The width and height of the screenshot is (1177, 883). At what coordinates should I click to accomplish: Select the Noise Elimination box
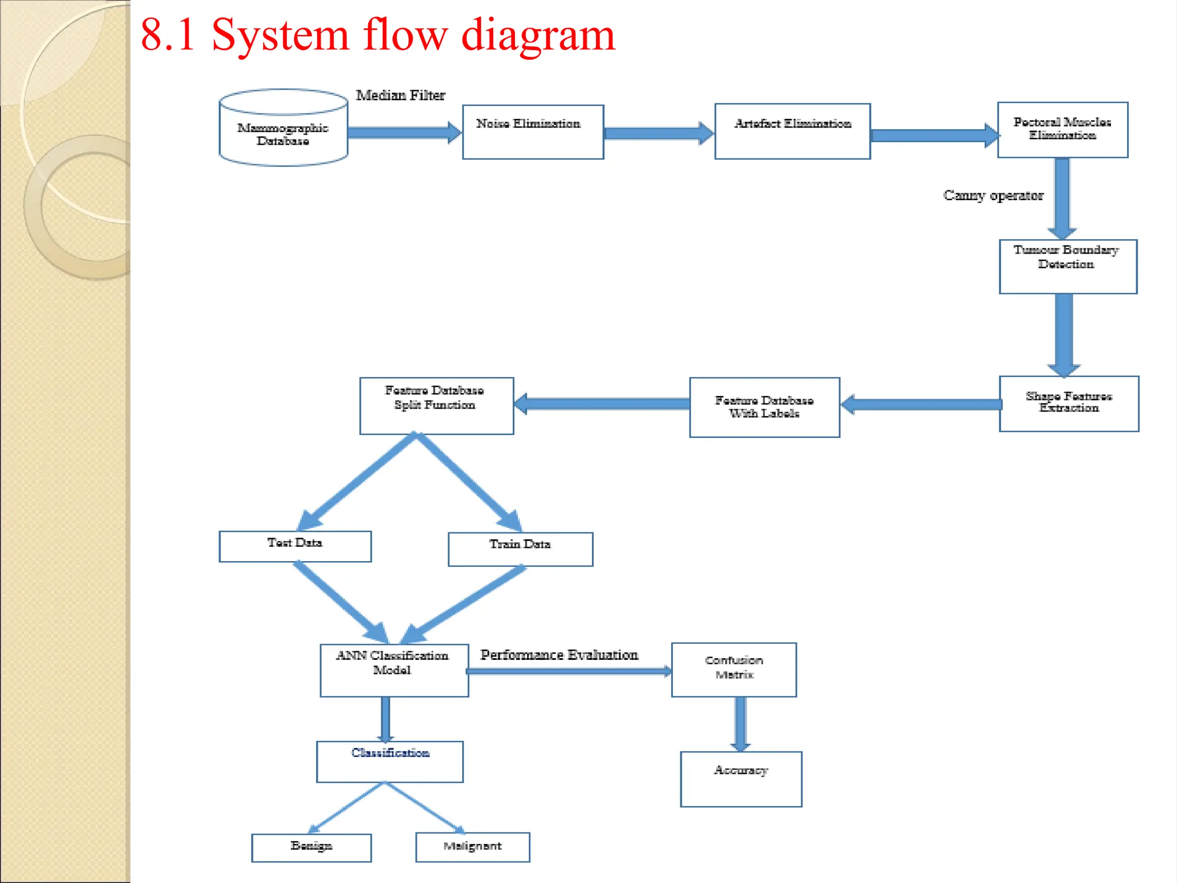coord(533,132)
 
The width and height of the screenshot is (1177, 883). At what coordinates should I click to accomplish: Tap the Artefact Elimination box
coord(793,132)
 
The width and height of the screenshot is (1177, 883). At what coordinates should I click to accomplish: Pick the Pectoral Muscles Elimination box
coord(1063,130)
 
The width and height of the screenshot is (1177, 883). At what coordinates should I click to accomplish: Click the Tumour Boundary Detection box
coord(1068,267)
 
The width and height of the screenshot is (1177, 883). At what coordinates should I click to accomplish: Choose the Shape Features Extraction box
coord(1069,404)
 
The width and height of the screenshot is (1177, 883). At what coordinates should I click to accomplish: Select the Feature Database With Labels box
coord(764,407)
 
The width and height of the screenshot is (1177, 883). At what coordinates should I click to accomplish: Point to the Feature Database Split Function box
coord(436,405)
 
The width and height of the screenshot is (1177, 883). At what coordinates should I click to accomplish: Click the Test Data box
coord(295,546)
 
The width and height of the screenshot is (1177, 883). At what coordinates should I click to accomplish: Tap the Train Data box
coord(520,549)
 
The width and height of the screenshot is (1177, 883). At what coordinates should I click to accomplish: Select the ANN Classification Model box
coord(394,670)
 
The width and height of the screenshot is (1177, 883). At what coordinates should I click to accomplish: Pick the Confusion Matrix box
coord(734,670)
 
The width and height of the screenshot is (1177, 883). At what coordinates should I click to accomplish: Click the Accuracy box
coord(741,779)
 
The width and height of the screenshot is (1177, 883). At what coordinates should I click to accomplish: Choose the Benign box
coord(311,847)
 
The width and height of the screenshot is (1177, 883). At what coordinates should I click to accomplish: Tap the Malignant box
coord(472,847)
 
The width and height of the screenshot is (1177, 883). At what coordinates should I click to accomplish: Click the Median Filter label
coord(401,95)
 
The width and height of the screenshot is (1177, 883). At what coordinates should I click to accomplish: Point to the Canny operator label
coord(993,195)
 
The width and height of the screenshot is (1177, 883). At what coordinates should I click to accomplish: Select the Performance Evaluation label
coord(559,655)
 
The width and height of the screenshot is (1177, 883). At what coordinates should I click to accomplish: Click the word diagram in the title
coord(538,36)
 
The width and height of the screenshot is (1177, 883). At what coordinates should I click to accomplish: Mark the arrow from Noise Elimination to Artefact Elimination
coord(659,133)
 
